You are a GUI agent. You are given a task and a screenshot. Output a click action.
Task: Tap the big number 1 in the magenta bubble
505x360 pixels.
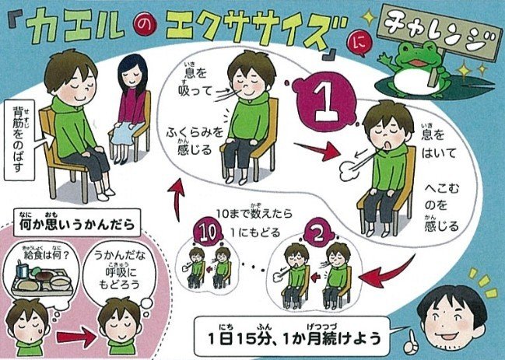tap(326, 103)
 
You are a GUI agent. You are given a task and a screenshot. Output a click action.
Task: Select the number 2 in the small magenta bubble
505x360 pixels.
tap(318, 236)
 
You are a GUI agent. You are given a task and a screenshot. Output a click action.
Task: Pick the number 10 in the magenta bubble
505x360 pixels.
tap(208, 232)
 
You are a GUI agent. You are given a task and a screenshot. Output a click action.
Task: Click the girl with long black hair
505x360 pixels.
tap(131, 108)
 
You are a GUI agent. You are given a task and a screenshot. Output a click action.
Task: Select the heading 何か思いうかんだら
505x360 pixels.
tap(77, 222)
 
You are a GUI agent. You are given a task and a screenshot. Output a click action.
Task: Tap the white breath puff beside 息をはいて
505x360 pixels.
tap(349, 172)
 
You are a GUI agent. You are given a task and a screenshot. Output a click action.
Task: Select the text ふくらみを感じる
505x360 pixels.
tap(195, 141)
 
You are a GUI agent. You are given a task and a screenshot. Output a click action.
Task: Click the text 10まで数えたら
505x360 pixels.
tap(254, 212)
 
